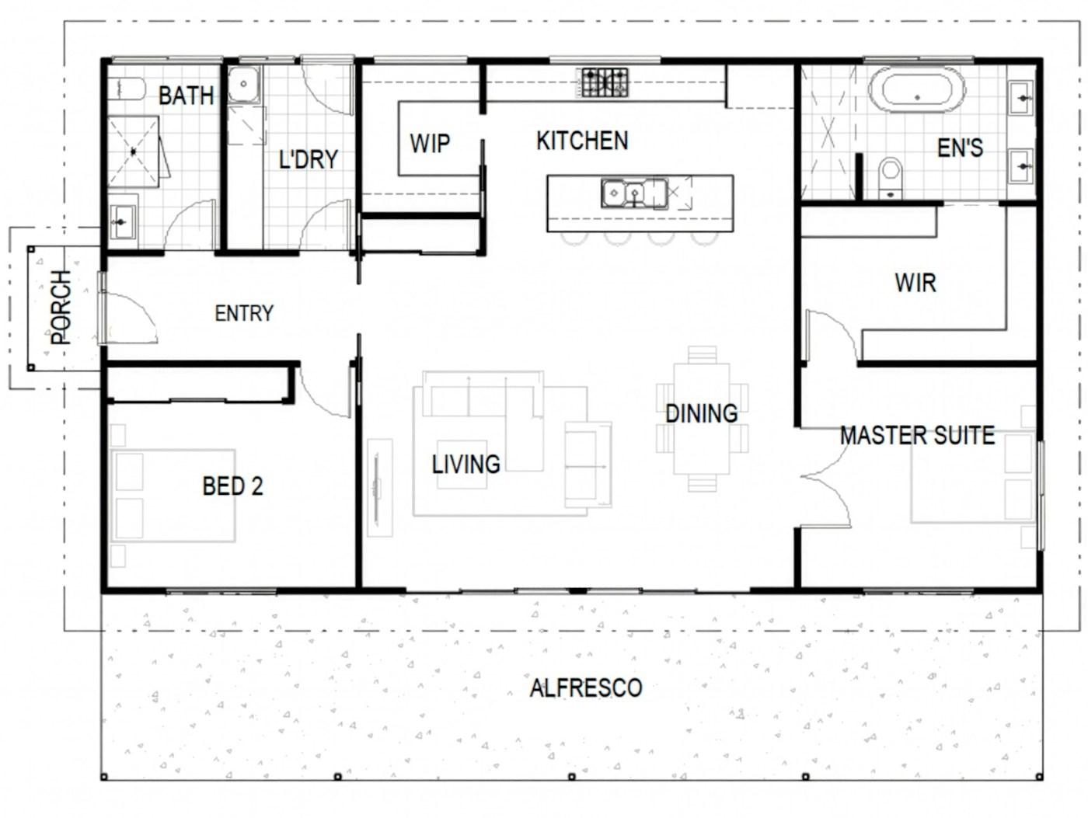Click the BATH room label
pos(186,96)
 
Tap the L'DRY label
pos(309,159)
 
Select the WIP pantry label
pos(430,143)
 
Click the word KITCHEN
pos(582,141)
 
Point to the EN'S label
pos(960,148)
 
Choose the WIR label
pos(915,283)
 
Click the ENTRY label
pos(244,313)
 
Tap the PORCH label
pos(61,308)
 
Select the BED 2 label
pos(232,486)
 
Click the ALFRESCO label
pos(586,687)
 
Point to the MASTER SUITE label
pos(917,436)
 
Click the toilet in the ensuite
pos(891,177)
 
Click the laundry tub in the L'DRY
pos(243,85)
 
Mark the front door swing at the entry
pos(130,317)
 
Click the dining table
pos(702,419)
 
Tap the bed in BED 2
pos(173,495)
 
